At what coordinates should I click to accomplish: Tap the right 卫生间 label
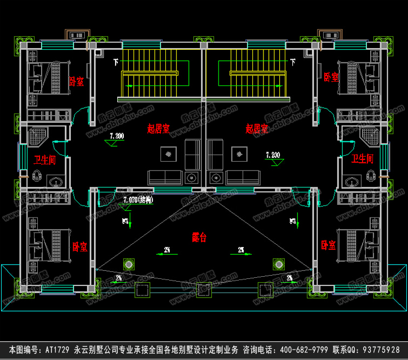(x=362, y=159)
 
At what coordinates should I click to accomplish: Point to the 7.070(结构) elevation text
(x=138, y=199)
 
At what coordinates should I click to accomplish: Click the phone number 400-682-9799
(x=290, y=350)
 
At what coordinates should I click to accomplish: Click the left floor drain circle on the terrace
(x=129, y=265)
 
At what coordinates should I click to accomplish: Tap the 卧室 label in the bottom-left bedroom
(x=80, y=247)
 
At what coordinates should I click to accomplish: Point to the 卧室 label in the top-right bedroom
(x=331, y=77)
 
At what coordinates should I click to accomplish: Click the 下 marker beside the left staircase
(x=116, y=61)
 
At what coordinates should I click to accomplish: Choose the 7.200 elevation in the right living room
(x=272, y=155)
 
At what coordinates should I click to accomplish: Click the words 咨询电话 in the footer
(x=259, y=350)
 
